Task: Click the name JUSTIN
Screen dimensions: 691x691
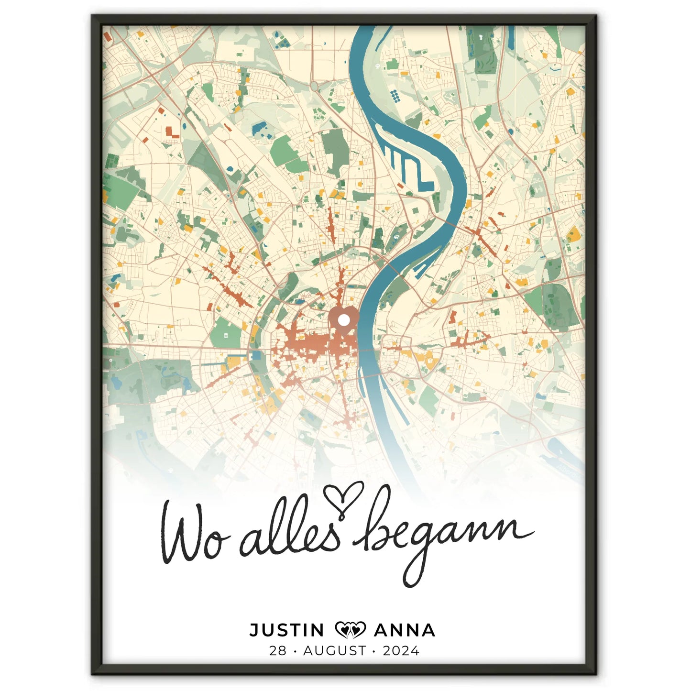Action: pyautogui.click(x=287, y=630)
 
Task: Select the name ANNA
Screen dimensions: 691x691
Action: pyautogui.click(x=405, y=630)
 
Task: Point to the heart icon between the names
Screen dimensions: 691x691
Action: pyautogui.click(x=350, y=630)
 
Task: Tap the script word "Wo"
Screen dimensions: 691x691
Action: pyautogui.click(x=191, y=536)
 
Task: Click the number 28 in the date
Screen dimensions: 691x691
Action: pyautogui.click(x=278, y=651)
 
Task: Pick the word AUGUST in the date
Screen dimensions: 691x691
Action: pyautogui.click(x=335, y=651)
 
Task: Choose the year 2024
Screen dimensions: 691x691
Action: pyautogui.click(x=401, y=651)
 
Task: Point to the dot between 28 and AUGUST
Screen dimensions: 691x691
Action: pyautogui.click(x=295, y=651)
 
